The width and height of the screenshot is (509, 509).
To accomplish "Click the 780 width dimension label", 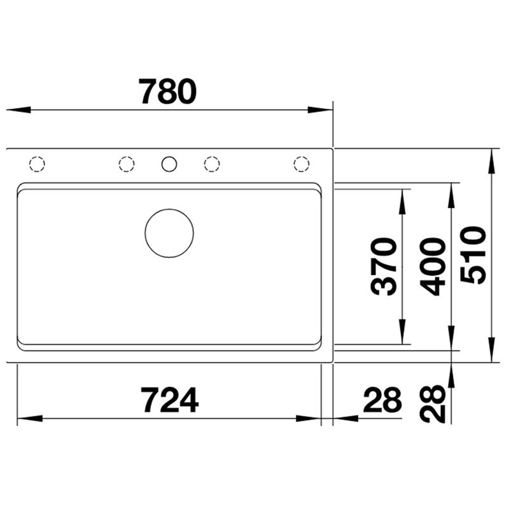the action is coord(167,92).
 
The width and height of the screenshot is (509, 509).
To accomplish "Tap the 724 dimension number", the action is coord(169,400).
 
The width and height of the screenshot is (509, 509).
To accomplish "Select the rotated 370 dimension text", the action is coord(384,266).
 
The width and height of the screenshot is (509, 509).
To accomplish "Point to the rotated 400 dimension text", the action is coord(433,267).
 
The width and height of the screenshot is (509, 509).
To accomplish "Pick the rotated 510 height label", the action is coord(473,255).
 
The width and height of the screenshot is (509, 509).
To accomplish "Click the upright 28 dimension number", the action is coord(383,400).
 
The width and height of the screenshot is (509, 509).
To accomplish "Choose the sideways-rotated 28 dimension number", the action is coord(433,404).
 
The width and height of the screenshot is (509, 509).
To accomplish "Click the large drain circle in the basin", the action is coord(169,209).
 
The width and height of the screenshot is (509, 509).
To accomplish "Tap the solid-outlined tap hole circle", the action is coord(169,157).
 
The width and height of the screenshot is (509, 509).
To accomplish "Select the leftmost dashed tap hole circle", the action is coord(37,157).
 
